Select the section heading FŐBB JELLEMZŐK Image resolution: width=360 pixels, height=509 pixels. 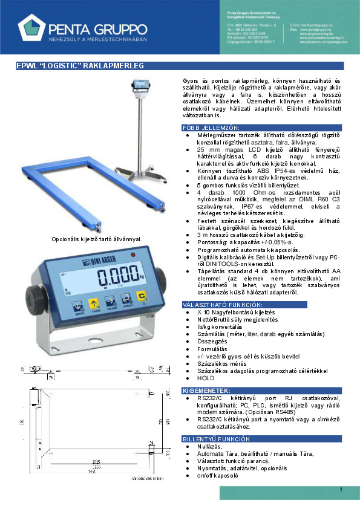tap(211, 128)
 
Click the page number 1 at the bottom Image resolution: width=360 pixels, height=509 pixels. tap(341, 489)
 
